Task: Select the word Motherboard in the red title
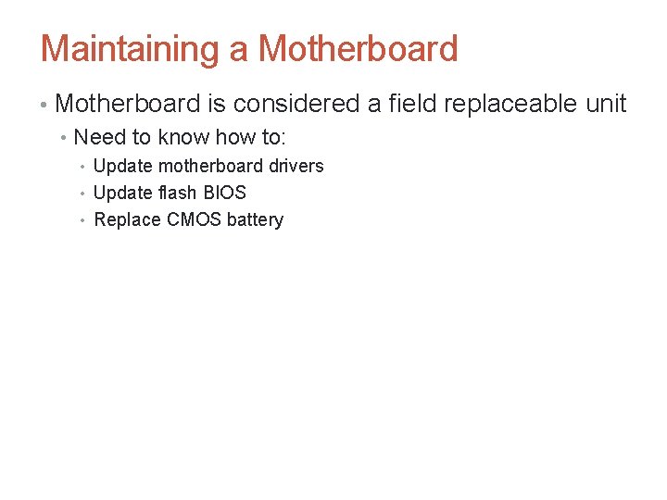pos(359,49)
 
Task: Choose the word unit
pos(606,104)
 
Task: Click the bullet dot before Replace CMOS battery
pos(82,220)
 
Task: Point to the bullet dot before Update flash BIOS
pos(82,194)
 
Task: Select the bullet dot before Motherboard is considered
pos(44,105)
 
